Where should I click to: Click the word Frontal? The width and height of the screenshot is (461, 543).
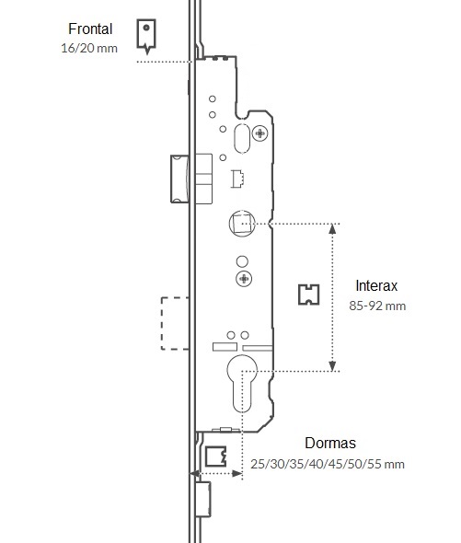[90, 29]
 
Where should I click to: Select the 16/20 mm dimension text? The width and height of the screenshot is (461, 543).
[89, 48]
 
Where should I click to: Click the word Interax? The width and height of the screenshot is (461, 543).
[376, 285]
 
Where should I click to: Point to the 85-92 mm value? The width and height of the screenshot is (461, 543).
[377, 306]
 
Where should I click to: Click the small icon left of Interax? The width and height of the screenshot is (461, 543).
[308, 295]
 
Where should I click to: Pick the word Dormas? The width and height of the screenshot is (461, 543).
[330, 443]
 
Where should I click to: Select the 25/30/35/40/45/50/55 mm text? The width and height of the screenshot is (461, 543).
[328, 464]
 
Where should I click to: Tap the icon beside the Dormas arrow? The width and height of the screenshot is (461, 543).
[216, 456]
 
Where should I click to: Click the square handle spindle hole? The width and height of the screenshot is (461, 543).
[242, 224]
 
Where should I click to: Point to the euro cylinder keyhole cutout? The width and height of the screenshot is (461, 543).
[242, 383]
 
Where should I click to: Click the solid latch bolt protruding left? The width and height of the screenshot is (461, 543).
[179, 179]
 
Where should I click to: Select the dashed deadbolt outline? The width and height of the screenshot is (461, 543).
[175, 323]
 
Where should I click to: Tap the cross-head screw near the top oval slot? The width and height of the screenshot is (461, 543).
[259, 133]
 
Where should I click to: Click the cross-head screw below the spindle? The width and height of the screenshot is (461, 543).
[244, 279]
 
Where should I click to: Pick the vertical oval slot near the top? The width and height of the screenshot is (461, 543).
[242, 139]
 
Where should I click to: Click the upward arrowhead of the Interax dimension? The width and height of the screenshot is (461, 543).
[332, 229]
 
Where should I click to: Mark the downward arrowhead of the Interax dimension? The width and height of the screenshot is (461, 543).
[332, 366]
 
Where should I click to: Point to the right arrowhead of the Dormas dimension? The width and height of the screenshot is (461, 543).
[236, 473]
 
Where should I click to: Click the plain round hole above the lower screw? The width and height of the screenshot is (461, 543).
[242, 261]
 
